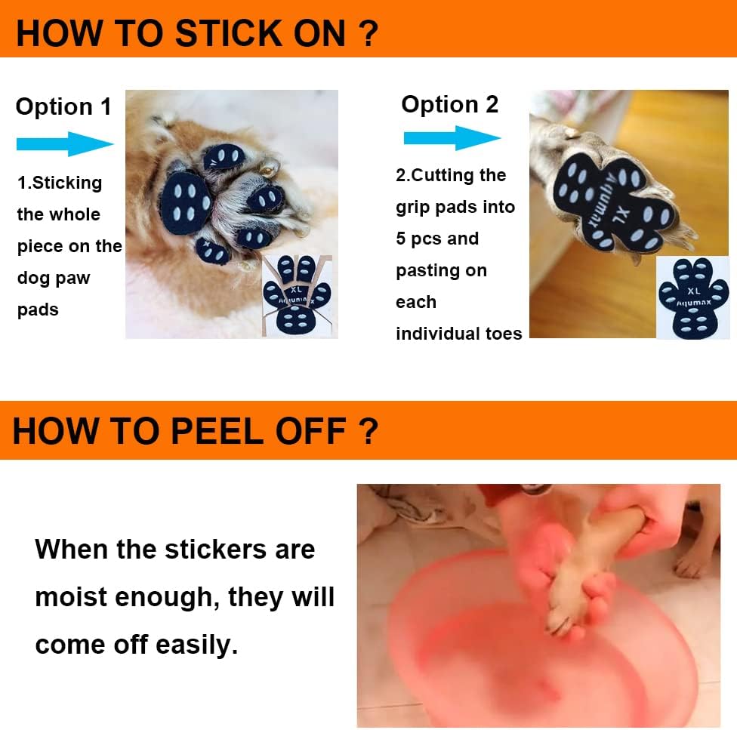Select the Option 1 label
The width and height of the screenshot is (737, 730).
[x=63, y=107]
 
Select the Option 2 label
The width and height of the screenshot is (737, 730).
[x=450, y=104]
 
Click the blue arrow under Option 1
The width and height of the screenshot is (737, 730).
[x=65, y=143]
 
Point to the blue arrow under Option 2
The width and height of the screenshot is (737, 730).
[x=452, y=137]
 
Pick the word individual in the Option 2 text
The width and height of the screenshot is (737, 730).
[x=431, y=334]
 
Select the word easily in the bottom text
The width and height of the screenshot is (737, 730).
[x=196, y=645]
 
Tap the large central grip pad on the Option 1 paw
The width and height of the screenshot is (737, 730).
[x=185, y=203]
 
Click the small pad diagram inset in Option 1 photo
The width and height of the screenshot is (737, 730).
[x=297, y=296]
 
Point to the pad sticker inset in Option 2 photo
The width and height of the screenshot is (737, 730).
[x=692, y=298]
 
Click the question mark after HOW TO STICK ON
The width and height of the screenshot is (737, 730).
[x=368, y=34]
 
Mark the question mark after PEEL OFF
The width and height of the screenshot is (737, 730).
[x=368, y=431]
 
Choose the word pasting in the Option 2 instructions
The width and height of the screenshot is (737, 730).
[x=441, y=271]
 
